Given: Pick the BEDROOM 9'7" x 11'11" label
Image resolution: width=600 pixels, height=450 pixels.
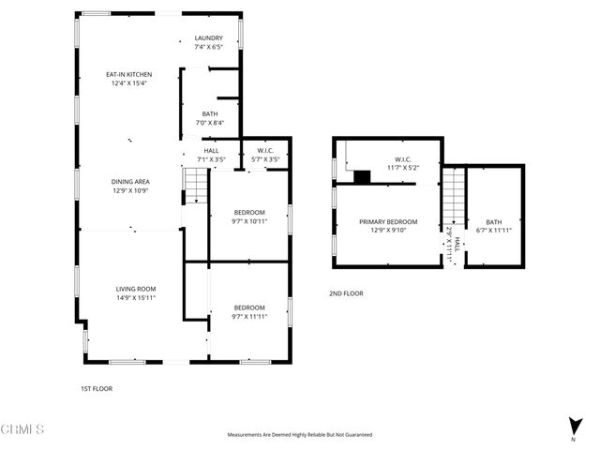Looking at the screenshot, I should click(x=249, y=312).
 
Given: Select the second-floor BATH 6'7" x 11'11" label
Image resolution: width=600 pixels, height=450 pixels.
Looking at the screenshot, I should click(x=493, y=226).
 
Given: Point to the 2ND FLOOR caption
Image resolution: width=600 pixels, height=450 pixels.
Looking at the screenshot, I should click(x=346, y=293).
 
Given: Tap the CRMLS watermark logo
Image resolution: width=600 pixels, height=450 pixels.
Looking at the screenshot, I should click(x=23, y=429).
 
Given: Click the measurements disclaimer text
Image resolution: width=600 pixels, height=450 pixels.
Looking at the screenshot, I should click(x=300, y=435).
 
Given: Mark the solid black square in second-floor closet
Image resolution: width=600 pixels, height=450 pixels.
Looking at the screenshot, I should click(x=363, y=175).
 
